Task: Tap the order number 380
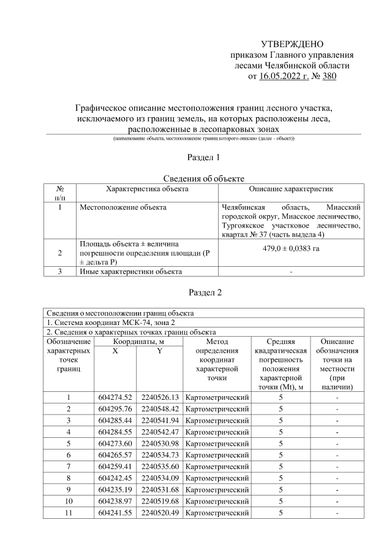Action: [x=328, y=77]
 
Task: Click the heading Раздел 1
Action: [x=195, y=158]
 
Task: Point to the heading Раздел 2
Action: [x=195, y=292]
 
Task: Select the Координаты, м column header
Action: [x=138, y=341]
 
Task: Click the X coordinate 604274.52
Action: [x=116, y=397]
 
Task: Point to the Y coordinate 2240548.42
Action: [x=160, y=408]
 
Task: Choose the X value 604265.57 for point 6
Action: [x=116, y=454]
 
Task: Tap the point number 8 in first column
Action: [x=69, y=478]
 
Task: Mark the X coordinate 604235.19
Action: [x=116, y=489]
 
